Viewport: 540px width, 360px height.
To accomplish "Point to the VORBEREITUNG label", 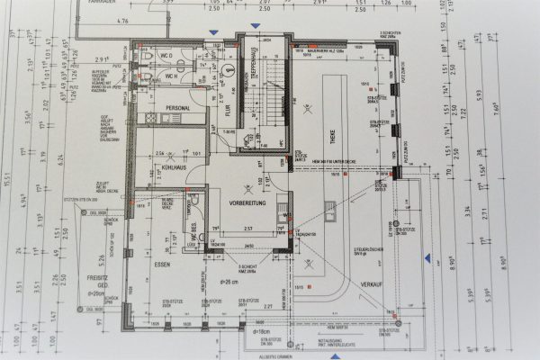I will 245,202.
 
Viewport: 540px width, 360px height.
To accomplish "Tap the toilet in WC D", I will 145,55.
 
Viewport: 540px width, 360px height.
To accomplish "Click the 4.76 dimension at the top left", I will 125,19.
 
